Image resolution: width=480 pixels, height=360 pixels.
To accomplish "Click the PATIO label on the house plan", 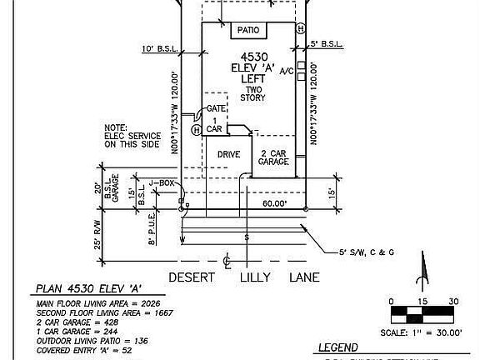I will (247, 31).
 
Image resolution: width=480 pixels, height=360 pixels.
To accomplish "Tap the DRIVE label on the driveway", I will (229, 155).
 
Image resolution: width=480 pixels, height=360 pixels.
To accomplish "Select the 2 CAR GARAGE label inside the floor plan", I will (274, 157).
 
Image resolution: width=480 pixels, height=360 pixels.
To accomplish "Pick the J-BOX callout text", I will (161, 182).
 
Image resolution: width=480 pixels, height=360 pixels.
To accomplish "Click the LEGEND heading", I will (338, 347).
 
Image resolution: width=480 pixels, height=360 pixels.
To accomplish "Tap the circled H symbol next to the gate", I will (196, 131).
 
